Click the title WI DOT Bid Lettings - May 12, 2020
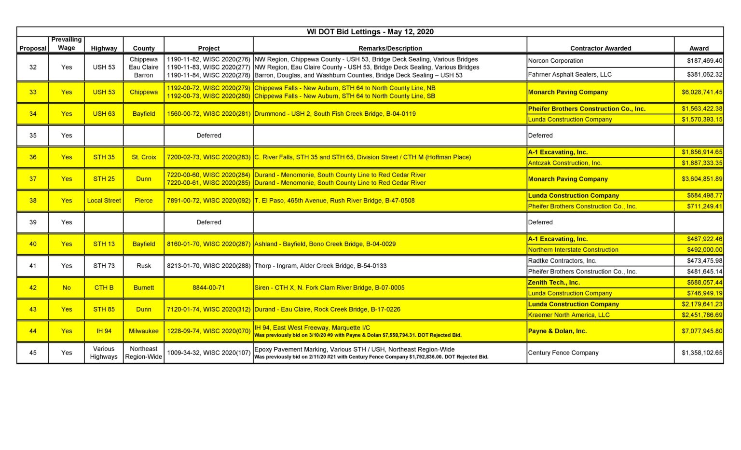pos(370,32)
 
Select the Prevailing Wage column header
pos(67,43)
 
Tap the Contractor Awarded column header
pos(600,48)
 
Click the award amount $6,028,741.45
pos(701,92)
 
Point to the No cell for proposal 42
pos(67,287)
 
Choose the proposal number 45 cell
pos(33,353)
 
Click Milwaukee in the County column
pos(144,331)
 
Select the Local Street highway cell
pos(104,201)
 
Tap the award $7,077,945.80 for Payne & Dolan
pos(701,331)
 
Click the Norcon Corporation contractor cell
pos(555,61)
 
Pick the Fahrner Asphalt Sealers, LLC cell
pos(569,74)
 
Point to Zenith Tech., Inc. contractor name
pos(554,283)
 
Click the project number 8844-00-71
pos(208,287)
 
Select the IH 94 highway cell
pos(104,331)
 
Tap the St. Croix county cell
pos(144,157)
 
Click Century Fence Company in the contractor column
pos(563,353)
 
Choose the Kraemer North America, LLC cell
pos(568,315)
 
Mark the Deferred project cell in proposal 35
pos(208,136)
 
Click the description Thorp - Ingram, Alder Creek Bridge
pos(320,266)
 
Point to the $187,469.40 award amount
pos(704,61)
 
